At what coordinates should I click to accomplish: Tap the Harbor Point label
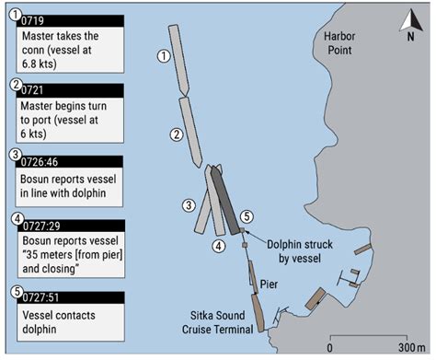(x=339, y=43)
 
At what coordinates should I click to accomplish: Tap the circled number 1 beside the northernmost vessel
(x=164, y=56)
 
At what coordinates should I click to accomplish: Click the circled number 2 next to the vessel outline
(x=177, y=134)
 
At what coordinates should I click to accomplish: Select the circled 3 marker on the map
(x=189, y=205)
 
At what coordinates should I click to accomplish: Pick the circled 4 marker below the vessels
(x=219, y=246)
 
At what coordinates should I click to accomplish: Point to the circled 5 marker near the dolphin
(x=247, y=216)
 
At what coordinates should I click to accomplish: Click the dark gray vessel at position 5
(x=225, y=201)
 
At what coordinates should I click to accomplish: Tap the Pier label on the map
(x=269, y=285)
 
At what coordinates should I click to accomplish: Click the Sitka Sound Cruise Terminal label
(x=218, y=322)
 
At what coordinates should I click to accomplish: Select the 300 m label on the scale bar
(x=412, y=348)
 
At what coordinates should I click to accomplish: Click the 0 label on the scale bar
(x=329, y=348)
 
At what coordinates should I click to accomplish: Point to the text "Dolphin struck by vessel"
(x=300, y=251)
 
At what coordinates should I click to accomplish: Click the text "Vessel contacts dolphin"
(x=59, y=322)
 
